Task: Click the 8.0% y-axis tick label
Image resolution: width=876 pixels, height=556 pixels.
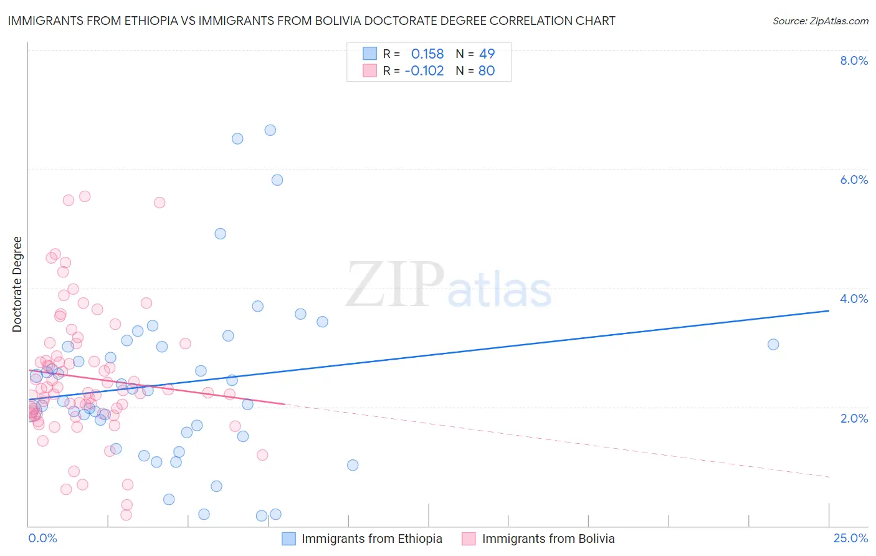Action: (x=854, y=60)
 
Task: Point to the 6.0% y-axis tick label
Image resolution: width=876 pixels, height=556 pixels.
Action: (x=854, y=180)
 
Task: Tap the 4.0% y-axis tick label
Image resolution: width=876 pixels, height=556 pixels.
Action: (x=854, y=299)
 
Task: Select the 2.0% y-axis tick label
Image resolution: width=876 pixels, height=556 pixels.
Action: (x=854, y=418)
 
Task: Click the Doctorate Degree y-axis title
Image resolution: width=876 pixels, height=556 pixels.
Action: (x=17, y=284)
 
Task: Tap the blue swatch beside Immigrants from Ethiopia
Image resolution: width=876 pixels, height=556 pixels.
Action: (x=288, y=539)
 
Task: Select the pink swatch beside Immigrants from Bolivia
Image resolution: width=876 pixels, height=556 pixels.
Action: (x=469, y=539)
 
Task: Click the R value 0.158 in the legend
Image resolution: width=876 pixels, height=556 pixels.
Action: (x=427, y=54)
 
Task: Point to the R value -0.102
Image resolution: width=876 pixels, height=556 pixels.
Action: (x=424, y=71)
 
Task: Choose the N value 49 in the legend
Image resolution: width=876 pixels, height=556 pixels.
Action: (x=487, y=54)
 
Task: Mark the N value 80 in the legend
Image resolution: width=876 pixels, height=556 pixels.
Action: (x=487, y=71)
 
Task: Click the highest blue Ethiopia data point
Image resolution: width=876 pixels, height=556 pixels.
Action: (x=270, y=130)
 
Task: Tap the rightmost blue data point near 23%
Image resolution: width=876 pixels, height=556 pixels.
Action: (x=773, y=345)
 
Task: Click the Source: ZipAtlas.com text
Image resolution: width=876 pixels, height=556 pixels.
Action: (x=820, y=21)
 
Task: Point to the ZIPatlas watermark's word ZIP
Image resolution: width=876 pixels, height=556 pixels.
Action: (x=394, y=285)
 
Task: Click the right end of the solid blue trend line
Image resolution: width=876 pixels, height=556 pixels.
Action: (x=829, y=310)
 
